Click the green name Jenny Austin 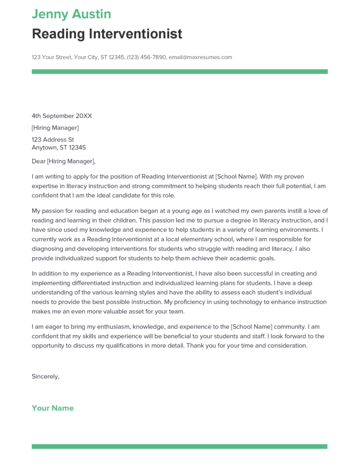(71, 14)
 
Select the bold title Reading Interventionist (107, 34)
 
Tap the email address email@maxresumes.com (200, 57)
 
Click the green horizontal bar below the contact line (179, 71)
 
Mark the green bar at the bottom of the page (179, 446)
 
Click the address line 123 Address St (53, 140)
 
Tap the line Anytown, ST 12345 (59, 147)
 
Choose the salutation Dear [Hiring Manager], (64, 161)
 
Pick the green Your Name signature (53, 408)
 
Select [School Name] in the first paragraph (236, 176)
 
